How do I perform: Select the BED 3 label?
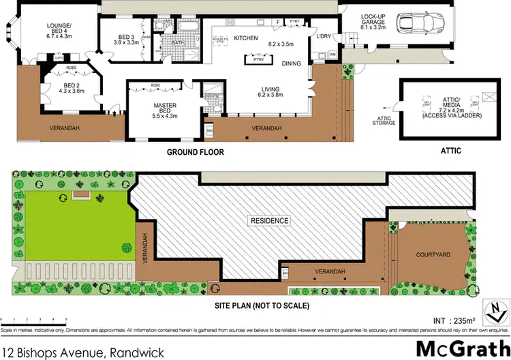pos(126,39)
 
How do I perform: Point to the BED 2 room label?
pos(70,87)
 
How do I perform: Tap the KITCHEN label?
pos(246,38)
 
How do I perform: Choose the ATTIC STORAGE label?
pos(382,121)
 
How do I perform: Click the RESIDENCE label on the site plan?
pos(270,221)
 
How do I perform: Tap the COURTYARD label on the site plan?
pos(433,254)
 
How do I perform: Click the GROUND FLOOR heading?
pos(196,151)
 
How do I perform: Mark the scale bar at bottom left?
pos(34,319)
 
